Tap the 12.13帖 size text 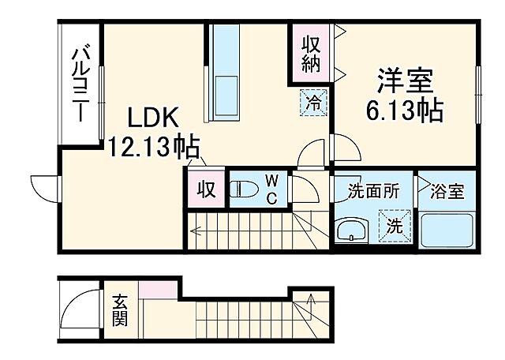[154, 146]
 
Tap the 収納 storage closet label [309, 51]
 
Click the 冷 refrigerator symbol [313, 101]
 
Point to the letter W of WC [270, 179]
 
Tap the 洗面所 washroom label [373, 190]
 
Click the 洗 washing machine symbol [395, 223]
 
